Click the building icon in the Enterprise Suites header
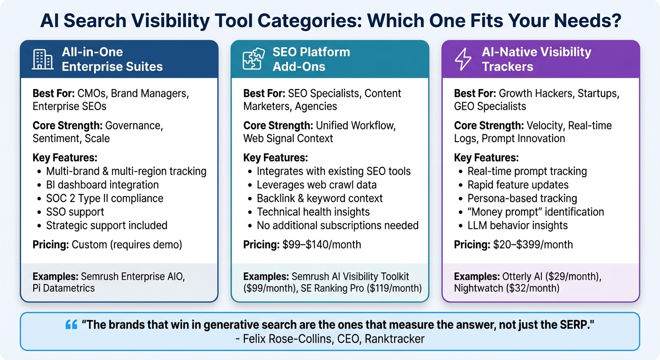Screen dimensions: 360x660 [x=43, y=59]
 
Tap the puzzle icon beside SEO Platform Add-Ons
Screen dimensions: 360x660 [x=253, y=59]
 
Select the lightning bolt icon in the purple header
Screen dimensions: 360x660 [x=464, y=59]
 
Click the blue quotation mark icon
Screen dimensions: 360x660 [x=71, y=324]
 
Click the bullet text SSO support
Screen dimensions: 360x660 [x=75, y=211]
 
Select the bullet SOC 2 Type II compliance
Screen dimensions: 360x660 [x=105, y=198]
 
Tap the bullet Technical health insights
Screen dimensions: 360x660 [x=313, y=211]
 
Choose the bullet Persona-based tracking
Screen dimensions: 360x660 [x=522, y=198]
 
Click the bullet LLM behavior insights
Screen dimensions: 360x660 [x=517, y=225]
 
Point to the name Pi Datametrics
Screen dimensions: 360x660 [x=64, y=288]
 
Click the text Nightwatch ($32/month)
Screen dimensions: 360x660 [x=507, y=288]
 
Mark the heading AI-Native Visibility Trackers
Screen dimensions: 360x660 [x=536, y=59]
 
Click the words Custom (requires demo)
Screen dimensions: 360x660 [x=127, y=244]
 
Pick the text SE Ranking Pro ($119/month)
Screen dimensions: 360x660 [x=360, y=288]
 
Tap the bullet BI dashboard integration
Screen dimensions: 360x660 [x=102, y=185]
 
